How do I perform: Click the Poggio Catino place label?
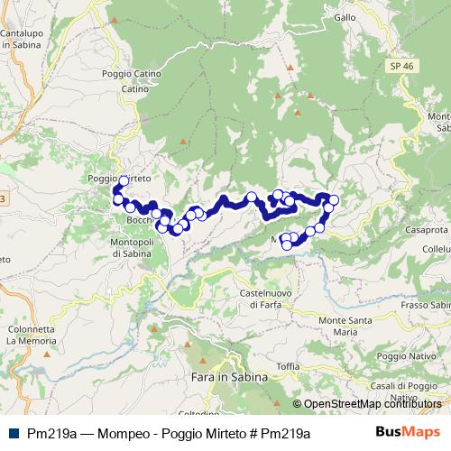pyautogui.click(x=131, y=74)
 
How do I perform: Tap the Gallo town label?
pyautogui.click(x=345, y=17)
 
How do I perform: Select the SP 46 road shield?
pyautogui.click(x=402, y=67)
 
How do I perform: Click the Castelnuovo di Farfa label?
pyautogui.click(x=270, y=299)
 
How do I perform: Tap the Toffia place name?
pyautogui.click(x=288, y=365)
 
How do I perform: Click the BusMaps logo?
pyautogui.click(x=408, y=432)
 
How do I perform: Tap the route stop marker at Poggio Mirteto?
pyautogui.click(x=124, y=180)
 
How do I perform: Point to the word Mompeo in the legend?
pyautogui.click(x=105, y=433)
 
